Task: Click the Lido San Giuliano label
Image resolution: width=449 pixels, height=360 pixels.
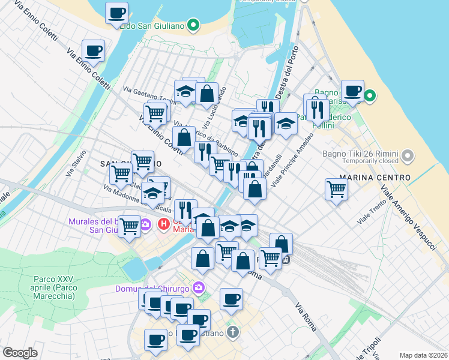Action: (x=151, y=26)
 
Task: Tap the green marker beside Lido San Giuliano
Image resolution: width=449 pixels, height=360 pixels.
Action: (x=193, y=25)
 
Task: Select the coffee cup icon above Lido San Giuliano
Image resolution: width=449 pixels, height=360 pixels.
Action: (x=116, y=13)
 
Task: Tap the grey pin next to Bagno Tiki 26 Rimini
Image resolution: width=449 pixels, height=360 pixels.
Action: (x=408, y=156)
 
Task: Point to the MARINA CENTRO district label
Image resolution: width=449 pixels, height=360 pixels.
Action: (x=375, y=178)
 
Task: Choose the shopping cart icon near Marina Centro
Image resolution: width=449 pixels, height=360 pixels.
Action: (x=337, y=189)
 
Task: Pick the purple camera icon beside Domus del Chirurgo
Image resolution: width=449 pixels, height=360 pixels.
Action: (x=200, y=289)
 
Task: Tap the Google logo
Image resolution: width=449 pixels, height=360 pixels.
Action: (x=20, y=353)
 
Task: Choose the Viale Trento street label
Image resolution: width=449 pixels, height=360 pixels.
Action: (x=372, y=213)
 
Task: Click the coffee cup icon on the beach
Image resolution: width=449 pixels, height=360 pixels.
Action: (x=352, y=91)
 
